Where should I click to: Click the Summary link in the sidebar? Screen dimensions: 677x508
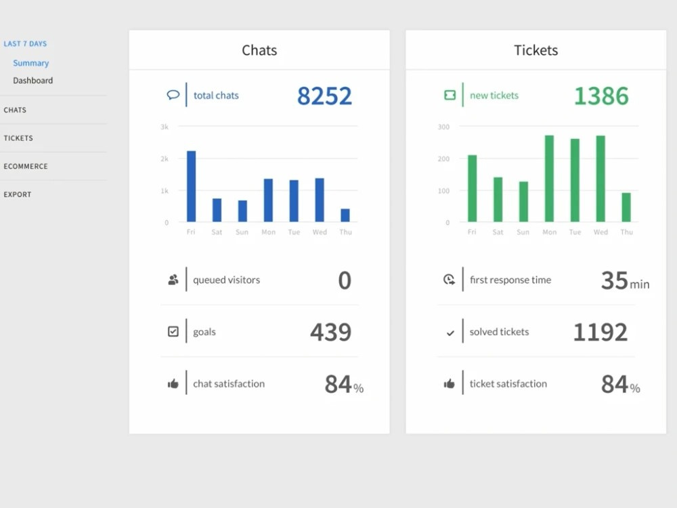point(30,63)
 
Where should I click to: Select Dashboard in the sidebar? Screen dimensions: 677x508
point(32,81)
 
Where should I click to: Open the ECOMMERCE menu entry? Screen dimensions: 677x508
point(26,167)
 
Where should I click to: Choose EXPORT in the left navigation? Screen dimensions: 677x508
point(18,194)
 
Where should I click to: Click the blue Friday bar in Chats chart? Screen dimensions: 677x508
point(192,186)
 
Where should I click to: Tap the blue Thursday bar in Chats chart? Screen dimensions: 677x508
point(345,215)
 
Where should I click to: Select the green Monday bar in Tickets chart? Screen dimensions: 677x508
point(549,178)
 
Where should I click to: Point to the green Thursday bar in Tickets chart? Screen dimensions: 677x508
point(626,207)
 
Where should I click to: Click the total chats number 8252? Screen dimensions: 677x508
point(324,96)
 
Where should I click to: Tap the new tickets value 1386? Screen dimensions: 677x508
point(601,96)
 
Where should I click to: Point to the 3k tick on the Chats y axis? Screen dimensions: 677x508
point(165,127)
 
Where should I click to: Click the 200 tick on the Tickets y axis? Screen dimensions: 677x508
point(443,158)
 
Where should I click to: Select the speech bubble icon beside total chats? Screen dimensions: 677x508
point(173,95)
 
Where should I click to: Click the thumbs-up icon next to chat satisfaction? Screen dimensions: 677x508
point(173,383)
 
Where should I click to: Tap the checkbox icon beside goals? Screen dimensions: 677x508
point(173,331)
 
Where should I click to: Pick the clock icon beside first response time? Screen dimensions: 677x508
point(449,280)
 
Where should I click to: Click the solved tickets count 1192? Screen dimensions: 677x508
point(600,332)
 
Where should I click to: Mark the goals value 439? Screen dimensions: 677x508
point(331,332)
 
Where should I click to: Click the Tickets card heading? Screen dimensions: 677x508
point(536,50)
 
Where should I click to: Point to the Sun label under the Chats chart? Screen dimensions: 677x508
point(242,232)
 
